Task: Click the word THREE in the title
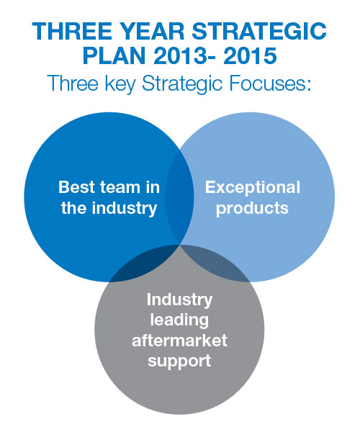click(x=72, y=31)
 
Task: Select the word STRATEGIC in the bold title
click(x=259, y=31)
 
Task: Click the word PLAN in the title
click(x=114, y=56)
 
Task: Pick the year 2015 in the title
click(x=250, y=56)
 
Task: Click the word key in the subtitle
click(x=121, y=84)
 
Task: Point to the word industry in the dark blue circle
click(x=125, y=208)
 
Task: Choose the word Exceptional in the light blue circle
click(x=253, y=188)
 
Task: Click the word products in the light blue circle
click(x=252, y=209)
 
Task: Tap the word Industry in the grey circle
click(x=179, y=300)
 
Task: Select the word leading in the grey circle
click(x=179, y=320)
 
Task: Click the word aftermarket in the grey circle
click(x=179, y=341)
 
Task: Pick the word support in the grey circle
click(x=179, y=361)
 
